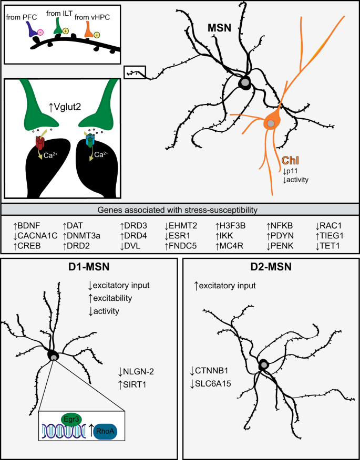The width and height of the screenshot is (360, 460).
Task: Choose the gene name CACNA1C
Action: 36,234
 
